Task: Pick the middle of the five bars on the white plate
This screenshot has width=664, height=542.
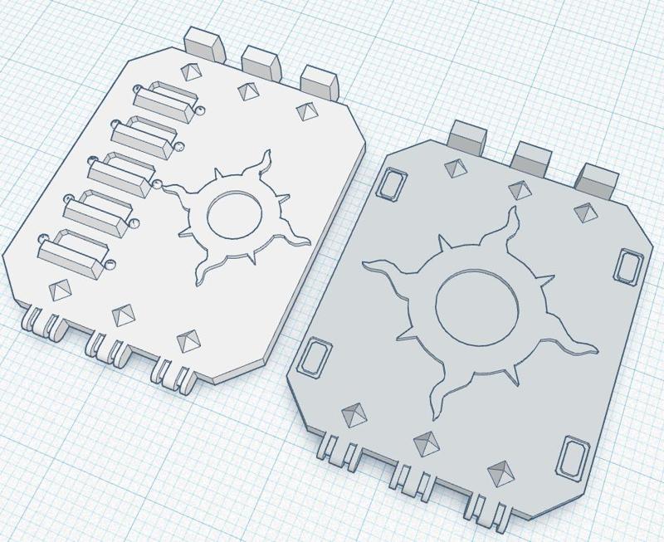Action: click(122, 173)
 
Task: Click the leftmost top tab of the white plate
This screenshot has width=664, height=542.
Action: click(203, 42)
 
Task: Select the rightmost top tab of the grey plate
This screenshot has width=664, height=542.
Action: click(597, 179)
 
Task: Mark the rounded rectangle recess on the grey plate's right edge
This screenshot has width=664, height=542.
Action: click(629, 265)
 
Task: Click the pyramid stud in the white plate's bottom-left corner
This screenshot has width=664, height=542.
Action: click(59, 290)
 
